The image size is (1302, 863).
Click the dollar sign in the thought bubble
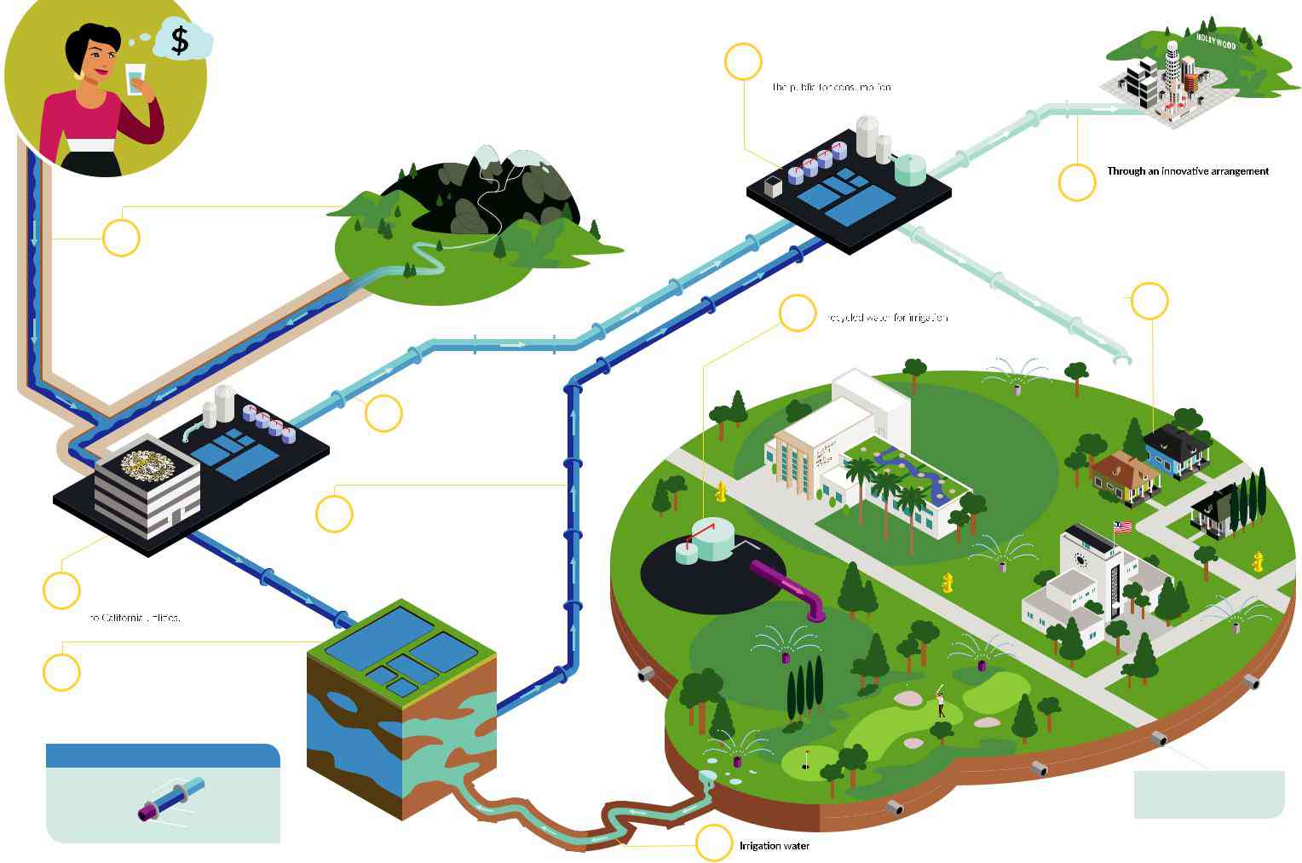point(180,40)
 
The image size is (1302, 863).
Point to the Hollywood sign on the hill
point(1216,40)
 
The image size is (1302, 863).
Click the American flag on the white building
point(1122,527)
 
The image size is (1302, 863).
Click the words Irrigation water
point(774,846)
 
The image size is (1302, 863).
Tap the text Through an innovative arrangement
point(1187,171)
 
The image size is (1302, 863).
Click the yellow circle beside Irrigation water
point(714,843)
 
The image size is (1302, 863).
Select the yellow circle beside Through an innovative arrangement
point(1076,182)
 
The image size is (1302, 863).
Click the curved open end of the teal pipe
point(1123,361)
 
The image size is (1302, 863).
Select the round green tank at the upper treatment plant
point(910,169)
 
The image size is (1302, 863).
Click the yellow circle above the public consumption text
point(743,61)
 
